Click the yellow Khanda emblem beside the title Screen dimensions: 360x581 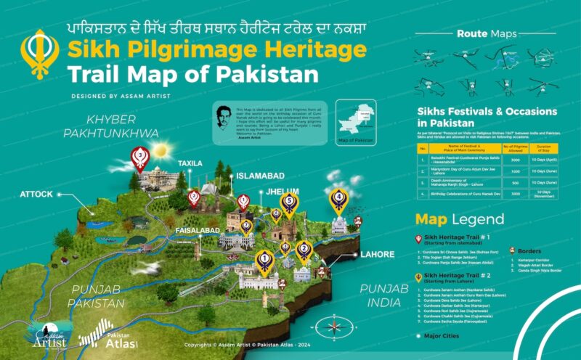[x=36, y=54]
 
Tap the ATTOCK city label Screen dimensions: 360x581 [x=37, y=195]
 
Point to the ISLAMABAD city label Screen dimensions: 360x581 [x=257, y=176]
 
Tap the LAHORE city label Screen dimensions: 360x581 [x=378, y=255]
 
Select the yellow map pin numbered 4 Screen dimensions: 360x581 [x=338, y=197]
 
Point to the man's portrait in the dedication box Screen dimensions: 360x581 [x=226, y=117]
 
